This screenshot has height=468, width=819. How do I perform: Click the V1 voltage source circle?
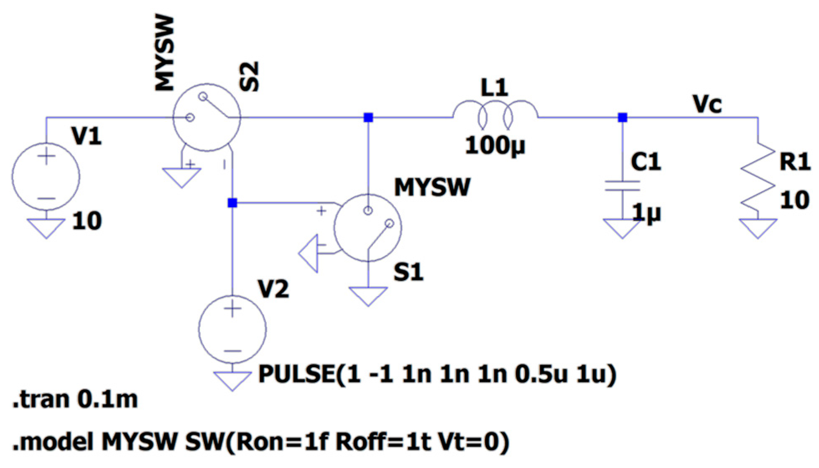(46, 176)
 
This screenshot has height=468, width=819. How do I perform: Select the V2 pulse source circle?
(232, 329)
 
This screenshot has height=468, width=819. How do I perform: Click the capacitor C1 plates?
(623, 186)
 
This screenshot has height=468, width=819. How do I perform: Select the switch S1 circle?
(368, 227)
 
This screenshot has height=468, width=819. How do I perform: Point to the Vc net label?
(707, 104)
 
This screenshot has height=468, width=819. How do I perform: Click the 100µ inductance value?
(495, 146)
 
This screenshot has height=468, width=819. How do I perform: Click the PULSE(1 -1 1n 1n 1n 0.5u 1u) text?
(437, 373)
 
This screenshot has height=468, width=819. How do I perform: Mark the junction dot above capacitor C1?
(623, 118)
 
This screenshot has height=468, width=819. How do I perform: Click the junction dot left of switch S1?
(232, 203)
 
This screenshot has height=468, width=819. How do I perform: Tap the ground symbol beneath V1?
(46, 228)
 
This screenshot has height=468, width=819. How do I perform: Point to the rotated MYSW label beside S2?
(165, 54)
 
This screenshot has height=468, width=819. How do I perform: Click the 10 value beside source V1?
(87, 221)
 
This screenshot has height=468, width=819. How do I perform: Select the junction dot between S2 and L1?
(368, 118)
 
